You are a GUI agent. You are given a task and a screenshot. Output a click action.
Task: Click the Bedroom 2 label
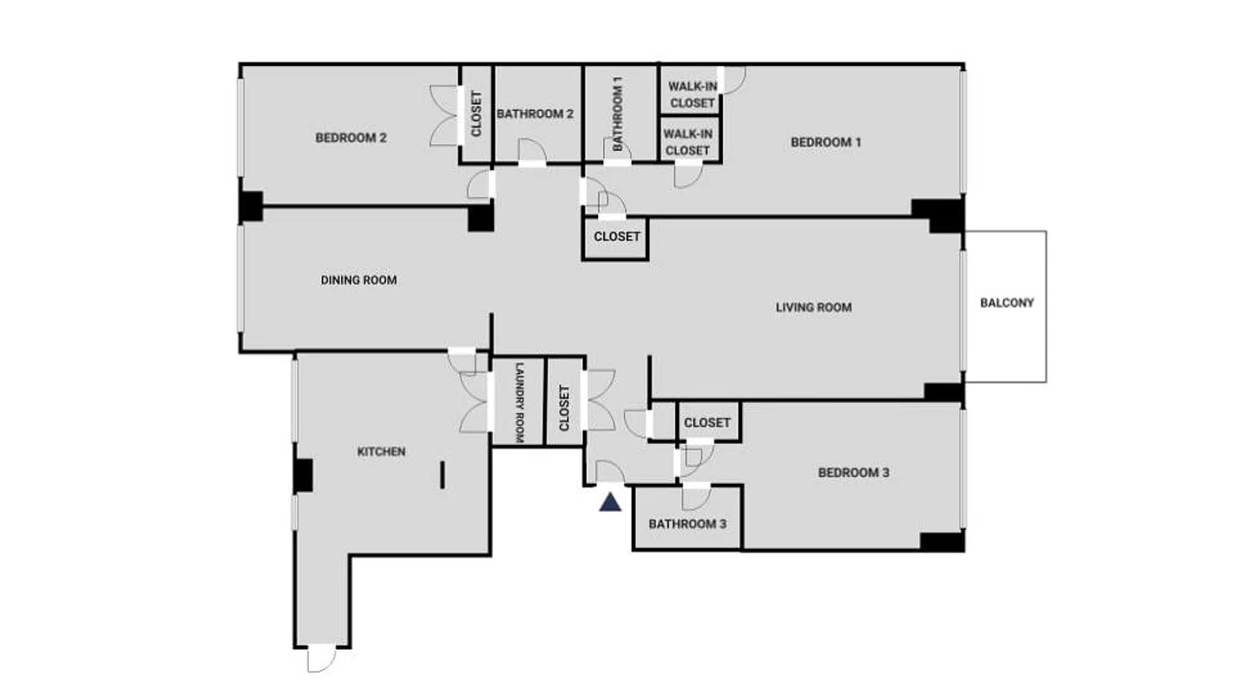[351, 137]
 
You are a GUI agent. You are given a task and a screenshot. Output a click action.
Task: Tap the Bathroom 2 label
[535, 114]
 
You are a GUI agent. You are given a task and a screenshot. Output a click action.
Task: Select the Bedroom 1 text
[825, 142]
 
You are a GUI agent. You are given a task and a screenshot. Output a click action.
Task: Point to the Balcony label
[1007, 303]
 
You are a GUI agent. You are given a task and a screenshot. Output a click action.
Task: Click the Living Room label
[813, 307]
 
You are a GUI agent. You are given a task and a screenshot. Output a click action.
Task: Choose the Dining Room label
[358, 280]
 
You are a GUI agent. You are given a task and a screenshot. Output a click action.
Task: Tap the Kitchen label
[381, 451]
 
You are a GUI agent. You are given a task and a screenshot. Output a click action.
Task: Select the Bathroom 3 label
[686, 524]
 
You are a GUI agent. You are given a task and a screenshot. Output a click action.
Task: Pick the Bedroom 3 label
[853, 473]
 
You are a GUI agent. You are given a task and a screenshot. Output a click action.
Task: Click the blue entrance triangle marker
[611, 501]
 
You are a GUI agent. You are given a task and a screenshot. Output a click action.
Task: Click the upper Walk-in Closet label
[692, 95]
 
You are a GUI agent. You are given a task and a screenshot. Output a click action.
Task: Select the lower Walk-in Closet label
[687, 142]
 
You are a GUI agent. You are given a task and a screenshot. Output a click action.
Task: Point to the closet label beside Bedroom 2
[476, 114]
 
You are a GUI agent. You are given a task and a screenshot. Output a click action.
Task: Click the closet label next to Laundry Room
[565, 408]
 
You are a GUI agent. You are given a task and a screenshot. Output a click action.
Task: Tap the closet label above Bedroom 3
[707, 422]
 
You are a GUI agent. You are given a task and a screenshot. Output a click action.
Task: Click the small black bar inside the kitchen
[443, 475]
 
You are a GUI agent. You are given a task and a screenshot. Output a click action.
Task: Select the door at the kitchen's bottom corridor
[321, 658]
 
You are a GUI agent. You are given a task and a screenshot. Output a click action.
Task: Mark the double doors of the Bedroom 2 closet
[445, 115]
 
